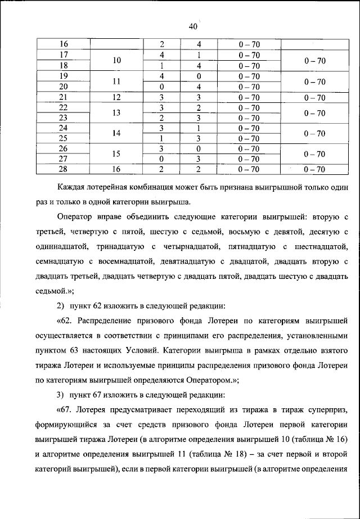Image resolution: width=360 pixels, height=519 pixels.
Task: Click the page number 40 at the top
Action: (x=193, y=26)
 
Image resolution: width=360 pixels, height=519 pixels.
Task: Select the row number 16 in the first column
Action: (x=64, y=44)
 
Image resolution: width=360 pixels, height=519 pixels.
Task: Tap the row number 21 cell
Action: (x=64, y=97)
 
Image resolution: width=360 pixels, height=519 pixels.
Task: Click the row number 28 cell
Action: (x=64, y=169)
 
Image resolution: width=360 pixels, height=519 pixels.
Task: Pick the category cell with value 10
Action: (x=116, y=60)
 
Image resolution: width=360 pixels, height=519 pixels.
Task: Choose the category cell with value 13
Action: (x=116, y=112)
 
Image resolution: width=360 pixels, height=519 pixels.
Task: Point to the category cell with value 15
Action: (x=116, y=154)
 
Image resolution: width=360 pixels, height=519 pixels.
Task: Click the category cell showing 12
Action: (x=116, y=97)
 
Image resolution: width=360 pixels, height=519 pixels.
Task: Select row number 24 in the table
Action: (x=64, y=128)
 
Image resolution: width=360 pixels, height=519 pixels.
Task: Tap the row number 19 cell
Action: (x=64, y=76)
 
